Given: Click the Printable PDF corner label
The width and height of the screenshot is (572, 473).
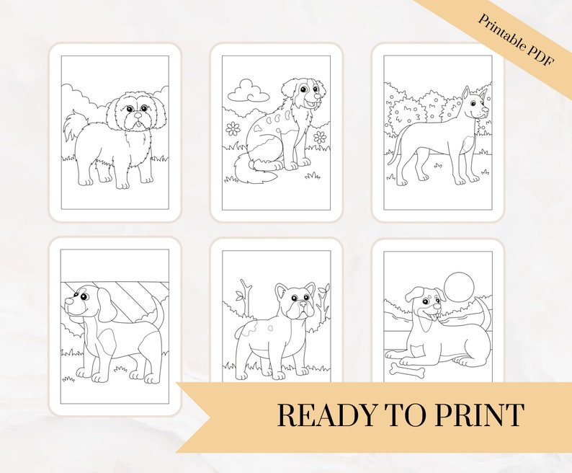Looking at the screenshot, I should (x=515, y=40).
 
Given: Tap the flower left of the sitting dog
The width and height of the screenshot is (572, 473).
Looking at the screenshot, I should (x=233, y=128).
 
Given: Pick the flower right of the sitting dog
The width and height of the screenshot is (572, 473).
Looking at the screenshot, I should (x=320, y=136).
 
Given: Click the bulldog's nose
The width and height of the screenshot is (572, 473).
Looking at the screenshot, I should (x=303, y=304).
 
